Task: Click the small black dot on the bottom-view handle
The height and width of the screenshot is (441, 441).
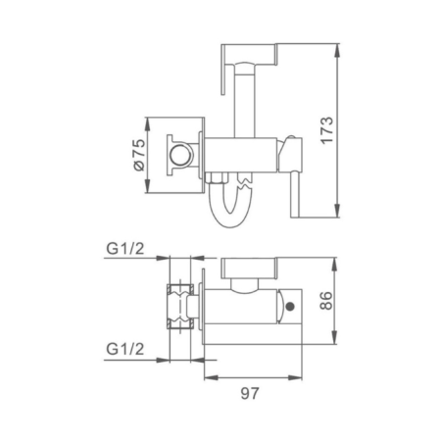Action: click(289, 312)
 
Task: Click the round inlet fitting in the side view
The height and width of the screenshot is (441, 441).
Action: click(180, 156)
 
